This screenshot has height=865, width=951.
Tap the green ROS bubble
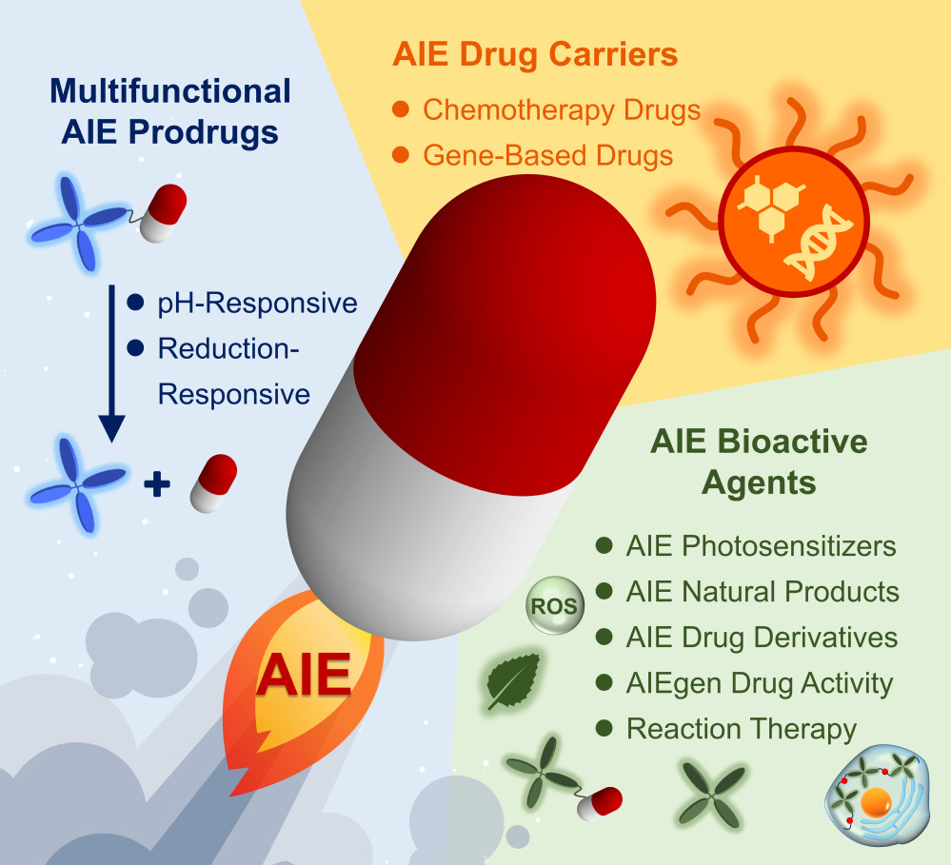point(551,606)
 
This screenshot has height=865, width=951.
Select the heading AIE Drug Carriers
point(535,54)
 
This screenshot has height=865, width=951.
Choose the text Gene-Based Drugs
point(547,155)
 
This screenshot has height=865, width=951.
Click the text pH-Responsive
point(257,304)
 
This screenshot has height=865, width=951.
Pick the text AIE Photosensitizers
point(761,547)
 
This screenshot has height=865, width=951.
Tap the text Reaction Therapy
point(742,730)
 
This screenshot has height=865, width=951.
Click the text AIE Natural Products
point(763,592)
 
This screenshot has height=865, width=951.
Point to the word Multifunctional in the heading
point(170,91)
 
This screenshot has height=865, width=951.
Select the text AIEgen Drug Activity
point(759,683)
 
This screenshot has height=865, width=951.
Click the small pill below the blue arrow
point(213,482)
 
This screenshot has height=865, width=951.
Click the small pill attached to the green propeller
point(600,802)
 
